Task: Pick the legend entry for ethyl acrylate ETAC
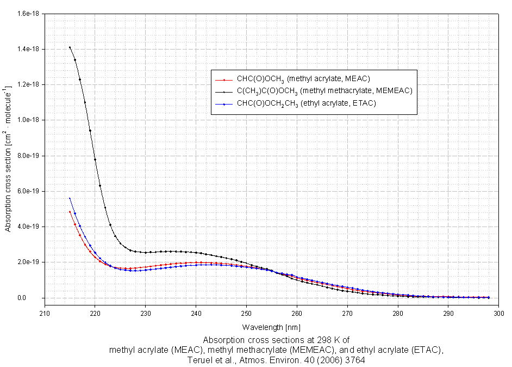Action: point(302,103)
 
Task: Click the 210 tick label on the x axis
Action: point(45,314)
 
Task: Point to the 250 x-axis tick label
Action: point(246,314)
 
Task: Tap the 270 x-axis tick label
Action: point(347,314)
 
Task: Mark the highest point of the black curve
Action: point(70,47)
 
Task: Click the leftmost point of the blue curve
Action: point(70,198)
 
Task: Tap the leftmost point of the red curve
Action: point(70,212)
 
